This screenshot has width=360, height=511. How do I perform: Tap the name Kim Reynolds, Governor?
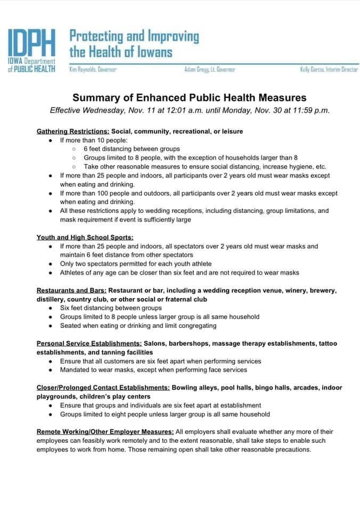pos(93,70)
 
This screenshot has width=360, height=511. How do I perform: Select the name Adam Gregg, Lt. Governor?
pos(209,70)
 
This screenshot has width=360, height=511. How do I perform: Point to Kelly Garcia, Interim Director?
pos(329,70)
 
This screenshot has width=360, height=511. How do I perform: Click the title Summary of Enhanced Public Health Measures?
pos(190,98)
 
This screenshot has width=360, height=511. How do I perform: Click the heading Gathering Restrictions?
pos(72,131)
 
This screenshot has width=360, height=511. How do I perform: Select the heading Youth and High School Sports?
pos(85,237)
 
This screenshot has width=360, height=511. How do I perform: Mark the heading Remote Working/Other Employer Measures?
pos(105,432)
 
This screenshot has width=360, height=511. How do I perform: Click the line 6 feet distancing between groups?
pos(132,149)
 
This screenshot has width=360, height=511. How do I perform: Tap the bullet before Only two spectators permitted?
pos(50,264)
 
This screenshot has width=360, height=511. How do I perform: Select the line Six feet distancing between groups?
pos(111,308)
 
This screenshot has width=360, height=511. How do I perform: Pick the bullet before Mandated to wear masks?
pos(50,369)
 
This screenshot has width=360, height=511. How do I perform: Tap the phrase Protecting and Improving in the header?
pos(134,37)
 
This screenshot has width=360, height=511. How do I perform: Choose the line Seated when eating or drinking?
pos(138,325)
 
